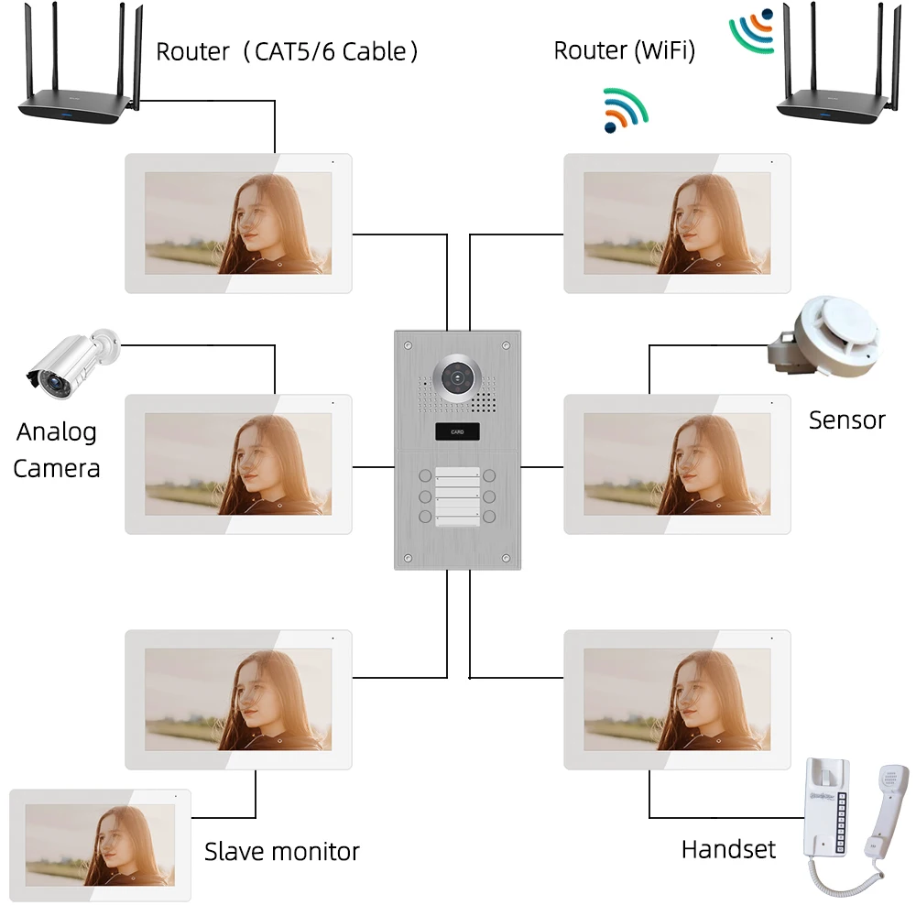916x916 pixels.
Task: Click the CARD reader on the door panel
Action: [456, 431]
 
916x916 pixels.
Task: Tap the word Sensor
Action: [846, 420]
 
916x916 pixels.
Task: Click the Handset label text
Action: [728, 849]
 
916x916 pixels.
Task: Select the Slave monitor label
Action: [281, 852]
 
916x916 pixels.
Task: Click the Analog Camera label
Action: [57, 450]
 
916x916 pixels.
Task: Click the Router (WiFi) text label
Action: [624, 51]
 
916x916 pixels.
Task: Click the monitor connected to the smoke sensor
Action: [677, 463]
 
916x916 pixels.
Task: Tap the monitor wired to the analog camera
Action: [238, 463]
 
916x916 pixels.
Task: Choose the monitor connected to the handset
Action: [677, 699]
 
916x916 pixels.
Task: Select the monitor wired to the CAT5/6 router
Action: [238, 224]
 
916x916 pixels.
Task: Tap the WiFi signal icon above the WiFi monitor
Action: [625, 109]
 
